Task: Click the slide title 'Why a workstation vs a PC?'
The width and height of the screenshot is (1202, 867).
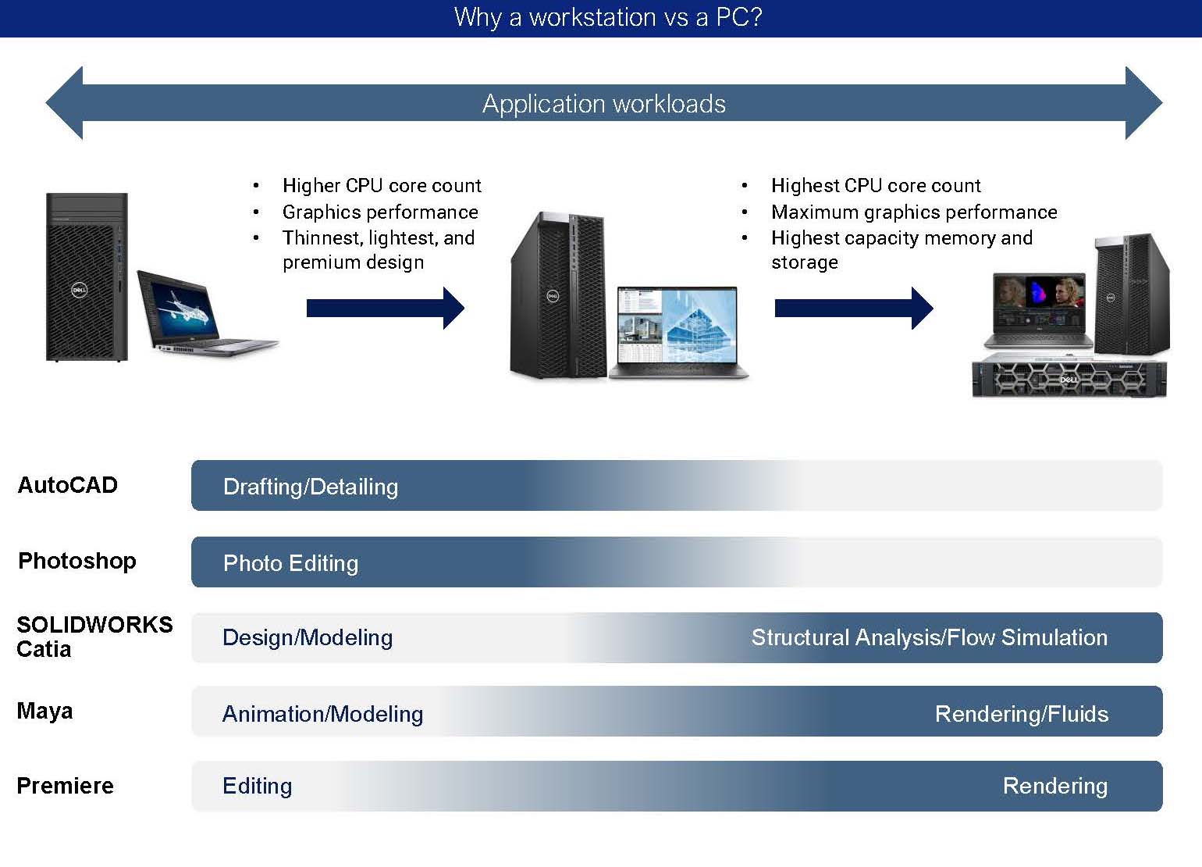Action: click(607, 17)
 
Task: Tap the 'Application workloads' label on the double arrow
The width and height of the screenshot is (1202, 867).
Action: click(603, 104)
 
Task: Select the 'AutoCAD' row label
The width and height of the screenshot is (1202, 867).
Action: click(67, 485)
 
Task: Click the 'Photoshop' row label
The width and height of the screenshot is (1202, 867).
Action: click(76, 561)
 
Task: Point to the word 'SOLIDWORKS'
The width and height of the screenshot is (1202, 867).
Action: click(94, 625)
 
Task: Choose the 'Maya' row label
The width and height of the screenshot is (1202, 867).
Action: click(44, 711)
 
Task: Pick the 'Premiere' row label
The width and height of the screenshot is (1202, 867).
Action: click(65, 786)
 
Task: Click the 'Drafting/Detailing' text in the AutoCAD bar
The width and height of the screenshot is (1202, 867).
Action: click(310, 487)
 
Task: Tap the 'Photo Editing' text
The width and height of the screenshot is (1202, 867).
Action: click(290, 563)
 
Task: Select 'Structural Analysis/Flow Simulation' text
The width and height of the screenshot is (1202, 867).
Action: click(929, 637)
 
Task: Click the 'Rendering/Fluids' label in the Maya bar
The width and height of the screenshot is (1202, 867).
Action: click(1021, 714)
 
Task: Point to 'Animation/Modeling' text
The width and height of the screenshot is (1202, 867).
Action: click(322, 714)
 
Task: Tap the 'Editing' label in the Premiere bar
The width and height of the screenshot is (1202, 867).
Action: click(257, 786)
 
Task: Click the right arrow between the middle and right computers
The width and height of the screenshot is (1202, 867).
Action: click(853, 308)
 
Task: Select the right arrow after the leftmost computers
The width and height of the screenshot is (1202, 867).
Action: click(385, 308)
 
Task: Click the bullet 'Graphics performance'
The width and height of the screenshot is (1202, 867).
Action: click(379, 212)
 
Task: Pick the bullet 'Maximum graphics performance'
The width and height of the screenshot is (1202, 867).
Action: click(913, 212)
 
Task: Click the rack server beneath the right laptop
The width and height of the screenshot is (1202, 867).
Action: click(1069, 379)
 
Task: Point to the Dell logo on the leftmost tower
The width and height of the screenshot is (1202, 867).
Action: click(79, 290)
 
